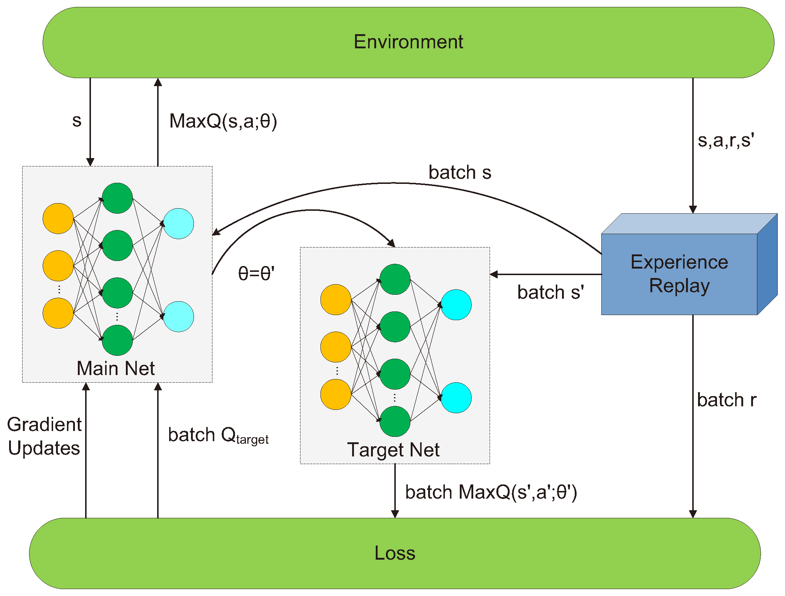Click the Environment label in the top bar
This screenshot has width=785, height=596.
pos(408,42)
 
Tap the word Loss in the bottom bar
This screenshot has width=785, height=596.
pos(395,553)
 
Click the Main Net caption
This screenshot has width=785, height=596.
pos(116,368)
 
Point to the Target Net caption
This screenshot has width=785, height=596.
pos(393,450)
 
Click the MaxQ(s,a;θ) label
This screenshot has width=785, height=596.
pos(223,121)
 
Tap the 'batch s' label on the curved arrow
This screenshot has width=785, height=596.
pos(460,172)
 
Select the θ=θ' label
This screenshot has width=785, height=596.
pos(256,273)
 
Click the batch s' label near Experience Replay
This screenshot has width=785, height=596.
pos(550,292)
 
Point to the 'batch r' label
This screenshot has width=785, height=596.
pos(726,400)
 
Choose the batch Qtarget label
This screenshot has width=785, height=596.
pos(218,435)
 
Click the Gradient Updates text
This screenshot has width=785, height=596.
pos(44,436)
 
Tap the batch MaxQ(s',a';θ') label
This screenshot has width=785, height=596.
pos(491,492)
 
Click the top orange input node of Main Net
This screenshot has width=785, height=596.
pos(58,218)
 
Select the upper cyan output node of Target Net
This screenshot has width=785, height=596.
pos(456,305)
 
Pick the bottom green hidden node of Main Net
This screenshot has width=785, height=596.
pos(117,340)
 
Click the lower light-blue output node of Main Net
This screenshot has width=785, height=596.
pos(178,317)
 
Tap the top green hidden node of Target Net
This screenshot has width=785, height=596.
pos(395,279)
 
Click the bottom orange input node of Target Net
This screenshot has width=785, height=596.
pos(336,394)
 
